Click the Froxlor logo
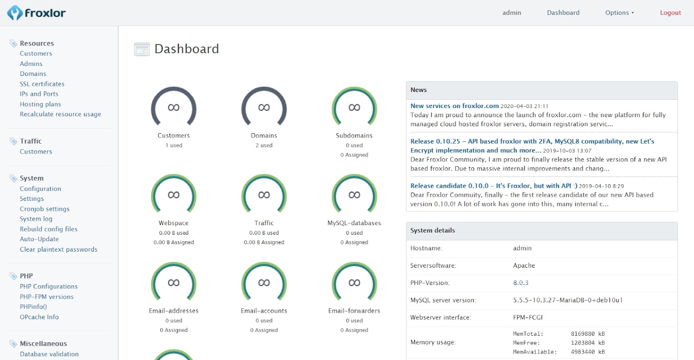pyautogui.click(x=36, y=13)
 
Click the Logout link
pyautogui.click(x=670, y=13)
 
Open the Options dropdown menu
pyautogui.click(x=619, y=13)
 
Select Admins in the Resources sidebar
pyautogui.click(x=31, y=64)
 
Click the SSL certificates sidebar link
pyautogui.click(x=42, y=84)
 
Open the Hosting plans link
pyautogui.click(x=40, y=104)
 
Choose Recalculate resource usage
pyautogui.click(x=60, y=114)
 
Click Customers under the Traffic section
pyautogui.click(x=36, y=152)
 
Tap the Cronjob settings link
pyautogui.click(x=45, y=209)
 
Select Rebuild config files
pyautogui.click(x=49, y=229)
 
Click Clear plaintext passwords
pyautogui.click(x=59, y=249)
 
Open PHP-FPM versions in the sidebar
pyautogui.click(x=46, y=297)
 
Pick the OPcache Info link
pyautogui.click(x=39, y=317)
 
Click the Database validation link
pyautogui.click(x=49, y=354)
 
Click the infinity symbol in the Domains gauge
pyautogui.click(x=264, y=108)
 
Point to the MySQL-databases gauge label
pyautogui.click(x=354, y=223)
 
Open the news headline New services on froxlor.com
pyautogui.click(x=454, y=106)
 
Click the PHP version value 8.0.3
pyautogui.click(x=520, y=283)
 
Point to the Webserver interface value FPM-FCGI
pyautogui.click(x=527, y=317)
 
